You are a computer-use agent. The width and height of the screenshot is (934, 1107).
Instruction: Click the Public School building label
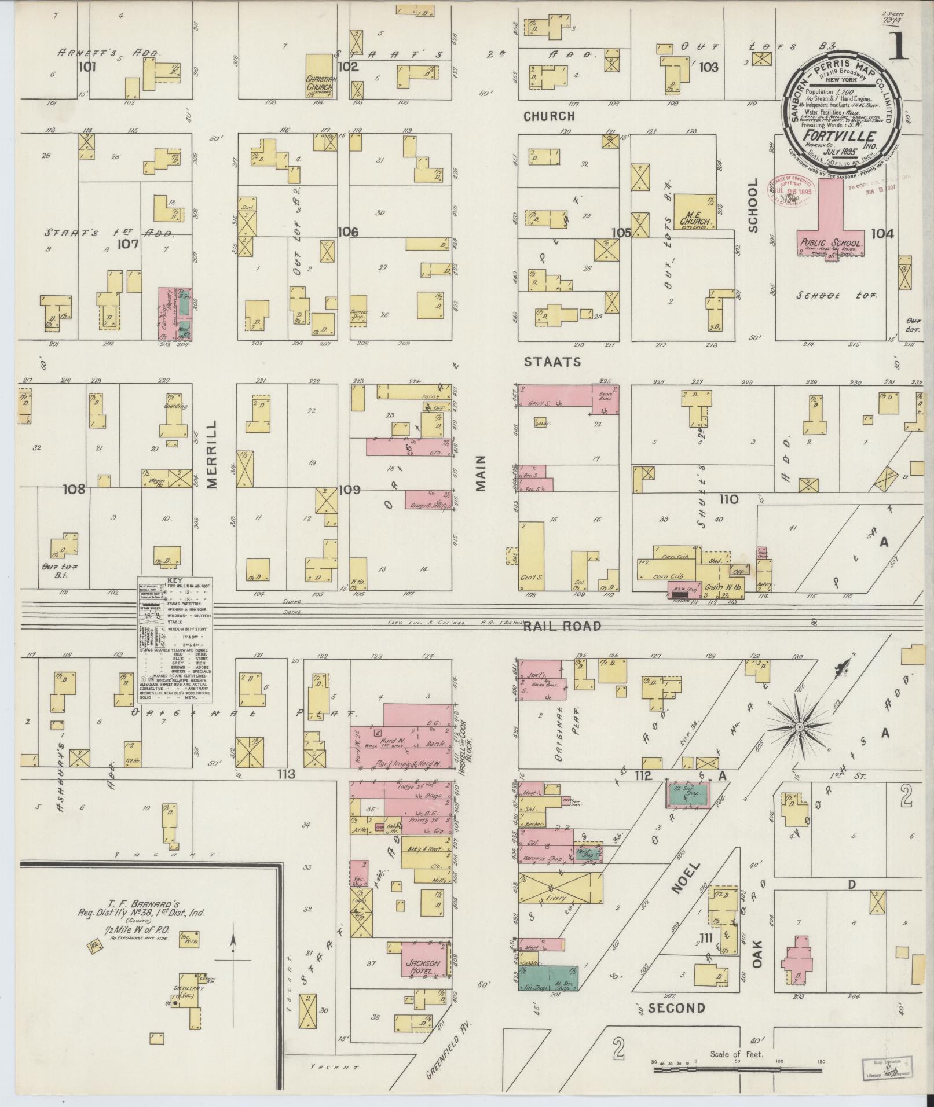click(x=832, y=243)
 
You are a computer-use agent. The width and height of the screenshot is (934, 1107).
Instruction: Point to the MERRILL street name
click(x=211, y=455)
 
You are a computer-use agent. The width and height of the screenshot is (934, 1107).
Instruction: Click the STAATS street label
click(x=552, y=362)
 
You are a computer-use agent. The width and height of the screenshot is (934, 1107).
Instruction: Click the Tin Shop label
click(x=534, y=988)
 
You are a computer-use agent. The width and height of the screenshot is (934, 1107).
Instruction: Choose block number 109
click(x=349, y=490)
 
